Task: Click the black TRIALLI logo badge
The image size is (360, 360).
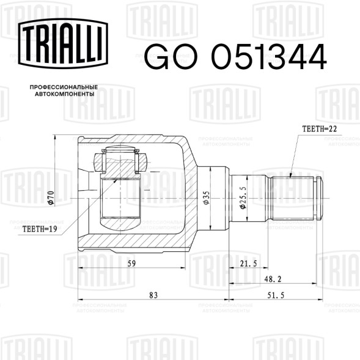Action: [63, 43]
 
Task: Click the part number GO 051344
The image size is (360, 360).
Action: [235, 57]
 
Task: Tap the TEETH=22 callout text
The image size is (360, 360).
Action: [320, 129]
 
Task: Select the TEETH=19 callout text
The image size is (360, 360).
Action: [40, 229]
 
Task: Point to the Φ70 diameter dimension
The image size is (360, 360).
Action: [51, 198]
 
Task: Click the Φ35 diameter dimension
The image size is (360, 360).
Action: [206, 198]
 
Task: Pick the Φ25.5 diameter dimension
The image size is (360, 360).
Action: [243, 197]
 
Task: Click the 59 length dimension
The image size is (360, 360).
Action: [131, 263]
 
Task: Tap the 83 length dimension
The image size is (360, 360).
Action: [153, 295]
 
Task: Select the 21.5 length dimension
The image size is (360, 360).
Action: [248, 263]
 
